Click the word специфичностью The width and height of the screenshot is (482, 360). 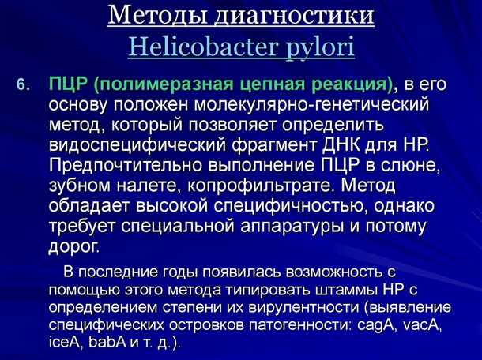coord(298,205)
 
